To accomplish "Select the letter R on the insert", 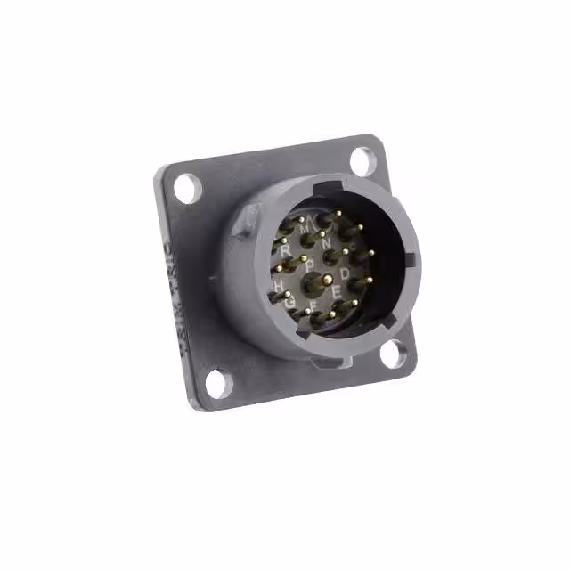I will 285,251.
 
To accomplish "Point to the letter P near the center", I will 309,265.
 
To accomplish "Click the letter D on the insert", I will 346,273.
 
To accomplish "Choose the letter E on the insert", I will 336,291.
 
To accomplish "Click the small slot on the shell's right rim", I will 410,260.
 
